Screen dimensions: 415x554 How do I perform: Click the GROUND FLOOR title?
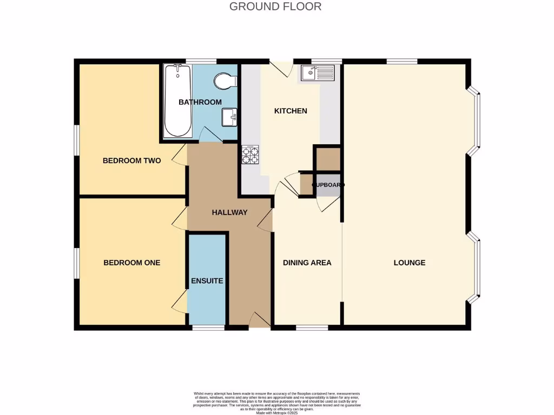pos(275,6)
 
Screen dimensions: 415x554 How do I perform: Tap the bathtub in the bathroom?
pos(177,101)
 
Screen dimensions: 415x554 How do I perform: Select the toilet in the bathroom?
pos(225,82)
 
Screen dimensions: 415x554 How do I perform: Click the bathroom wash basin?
pos(229,116)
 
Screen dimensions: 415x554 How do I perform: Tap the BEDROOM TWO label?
pos(131,160)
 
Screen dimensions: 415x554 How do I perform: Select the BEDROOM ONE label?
pos(131,263)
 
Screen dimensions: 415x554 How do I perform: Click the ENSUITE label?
pos(207,281)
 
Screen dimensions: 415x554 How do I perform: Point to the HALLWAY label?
pos(229,212)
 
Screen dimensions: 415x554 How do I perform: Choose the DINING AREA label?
pos(307,263)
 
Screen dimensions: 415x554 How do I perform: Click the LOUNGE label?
pos(409,263)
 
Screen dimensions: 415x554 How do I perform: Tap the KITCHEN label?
pos(291,111)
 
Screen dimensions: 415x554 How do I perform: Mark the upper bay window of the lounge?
pos(476,122)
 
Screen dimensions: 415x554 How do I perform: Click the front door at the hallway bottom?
pos(260,320)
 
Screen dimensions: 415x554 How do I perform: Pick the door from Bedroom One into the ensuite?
pos(180,304)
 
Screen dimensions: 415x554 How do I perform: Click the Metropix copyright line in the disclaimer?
pos(277,412)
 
